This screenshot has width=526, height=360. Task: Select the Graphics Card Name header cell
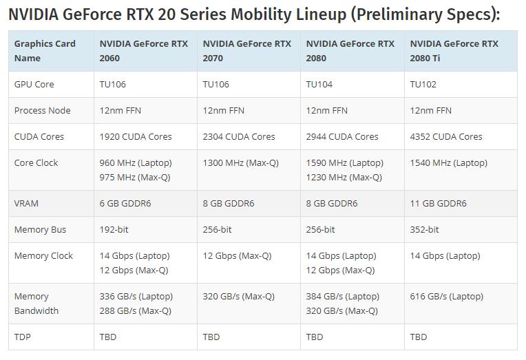click(45, 51)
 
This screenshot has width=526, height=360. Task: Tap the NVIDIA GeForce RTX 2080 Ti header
click(454, 51)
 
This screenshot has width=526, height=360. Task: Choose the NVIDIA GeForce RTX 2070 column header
click(246, 51)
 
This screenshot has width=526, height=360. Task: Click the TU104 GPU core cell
click(319, 84)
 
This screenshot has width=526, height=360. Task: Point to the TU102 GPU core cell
click(423, 84)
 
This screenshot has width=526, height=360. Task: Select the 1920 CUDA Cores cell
click(136, 136)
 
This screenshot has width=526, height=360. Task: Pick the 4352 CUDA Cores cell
click(446, 136)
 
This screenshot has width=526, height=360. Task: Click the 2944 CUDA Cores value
click(342, 136)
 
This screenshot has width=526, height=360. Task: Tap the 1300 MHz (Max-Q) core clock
click(238, 163)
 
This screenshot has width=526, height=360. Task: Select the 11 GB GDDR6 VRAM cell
click(438, 203)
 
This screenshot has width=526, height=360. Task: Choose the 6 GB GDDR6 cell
click(125, 203)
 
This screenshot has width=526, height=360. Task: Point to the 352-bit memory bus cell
click(424, 229)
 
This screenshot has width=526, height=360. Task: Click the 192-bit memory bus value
click(114, 229)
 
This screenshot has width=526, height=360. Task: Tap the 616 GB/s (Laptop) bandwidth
click(446, 297)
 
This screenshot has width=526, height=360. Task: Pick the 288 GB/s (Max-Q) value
click(136, 310)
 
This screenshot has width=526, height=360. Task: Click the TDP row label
click(23, 337)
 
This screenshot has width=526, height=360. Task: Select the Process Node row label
click(42, 110)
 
